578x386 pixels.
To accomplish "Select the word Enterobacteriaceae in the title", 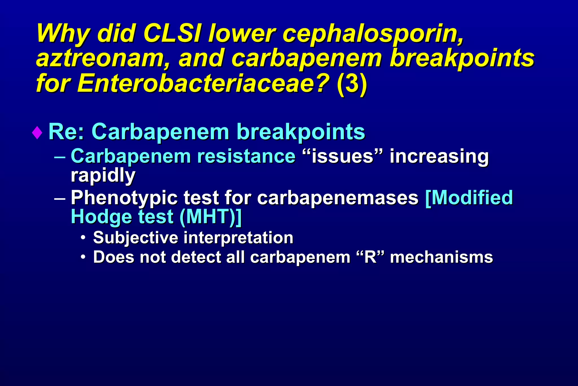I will tap(203, 83).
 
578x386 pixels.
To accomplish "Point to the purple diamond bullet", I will tap(37, 133).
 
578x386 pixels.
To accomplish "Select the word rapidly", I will tap(103, 176).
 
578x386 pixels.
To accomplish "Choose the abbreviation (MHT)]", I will tap(211, 217).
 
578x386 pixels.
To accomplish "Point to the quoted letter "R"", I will tap(370, 257).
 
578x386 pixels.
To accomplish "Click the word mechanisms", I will tap(441, 257).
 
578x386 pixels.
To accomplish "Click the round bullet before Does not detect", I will tap(83, 257).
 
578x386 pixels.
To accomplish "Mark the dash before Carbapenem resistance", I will tap(60, 156).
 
